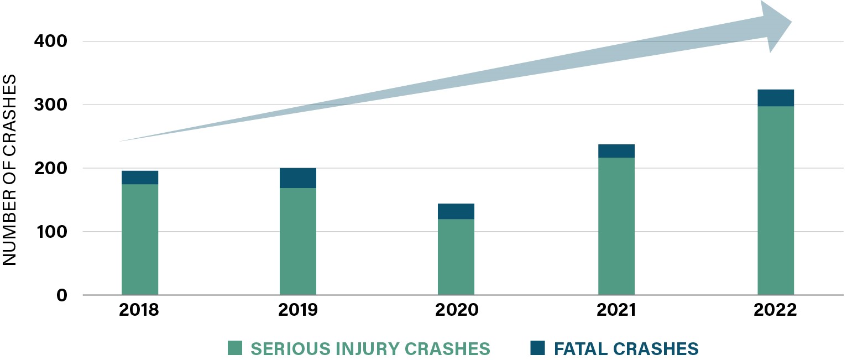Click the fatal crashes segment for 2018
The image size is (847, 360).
click(x=140, y=178)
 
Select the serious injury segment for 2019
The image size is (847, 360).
click(x=298, y=241)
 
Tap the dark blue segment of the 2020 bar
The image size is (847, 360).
click(x=456, y=211)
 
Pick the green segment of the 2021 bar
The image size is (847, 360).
click(x=616, y=226)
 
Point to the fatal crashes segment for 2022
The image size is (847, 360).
click(x=776, y=98)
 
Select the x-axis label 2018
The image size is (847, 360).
click(x=139, y=310)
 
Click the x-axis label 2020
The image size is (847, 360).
click(x=457, y=310)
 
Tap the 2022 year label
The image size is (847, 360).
click(x=775, y=310)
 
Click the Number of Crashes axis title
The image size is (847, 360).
click(x=11, y=170)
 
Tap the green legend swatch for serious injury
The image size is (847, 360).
click(x=235, y=348)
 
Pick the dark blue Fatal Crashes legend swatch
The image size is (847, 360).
click(x=537, y=348)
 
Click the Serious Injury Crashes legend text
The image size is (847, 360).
click(x=370, y=349)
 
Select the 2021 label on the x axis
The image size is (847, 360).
click(x=616, y=310)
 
